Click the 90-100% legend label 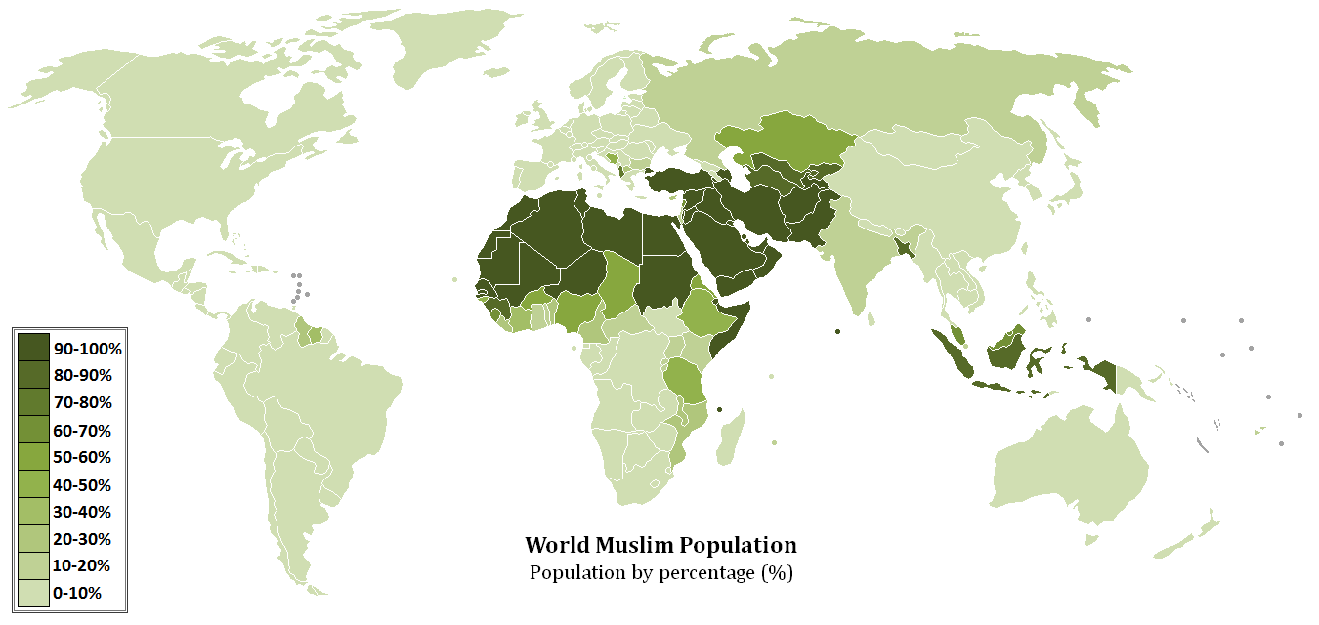point(87,349)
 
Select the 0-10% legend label point(77,593)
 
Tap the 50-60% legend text point(82,457)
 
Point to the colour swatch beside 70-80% point(33,402)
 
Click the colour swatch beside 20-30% point(33,538)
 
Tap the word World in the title point(556,545)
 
